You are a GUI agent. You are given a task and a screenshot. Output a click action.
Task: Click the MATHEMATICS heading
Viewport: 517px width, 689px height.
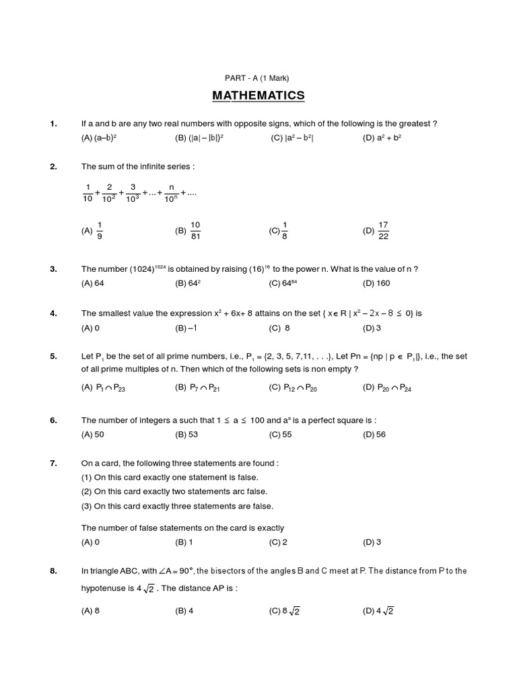258,96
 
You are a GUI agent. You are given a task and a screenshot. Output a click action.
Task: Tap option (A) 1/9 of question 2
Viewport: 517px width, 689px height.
93,230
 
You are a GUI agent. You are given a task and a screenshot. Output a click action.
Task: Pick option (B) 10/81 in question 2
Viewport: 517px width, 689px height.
188,230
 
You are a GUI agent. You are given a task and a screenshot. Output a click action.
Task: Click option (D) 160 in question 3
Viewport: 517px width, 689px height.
376,283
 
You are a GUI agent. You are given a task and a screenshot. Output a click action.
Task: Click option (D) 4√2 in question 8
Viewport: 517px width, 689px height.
378,611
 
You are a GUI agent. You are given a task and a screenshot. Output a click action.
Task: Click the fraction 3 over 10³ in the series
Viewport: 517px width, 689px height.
133,193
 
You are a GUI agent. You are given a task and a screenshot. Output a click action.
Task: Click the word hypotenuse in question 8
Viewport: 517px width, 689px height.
106,587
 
